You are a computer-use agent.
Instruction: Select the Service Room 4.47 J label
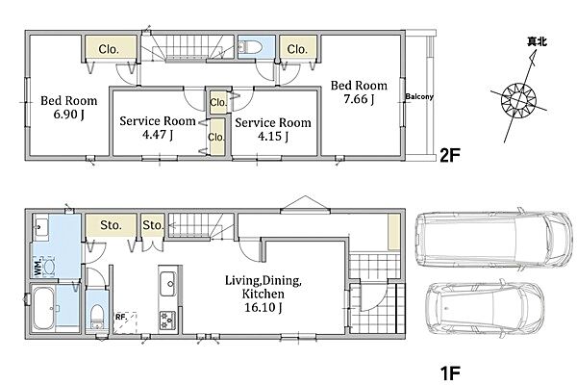pos(158,127)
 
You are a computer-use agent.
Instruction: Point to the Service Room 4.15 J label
pos(273,129)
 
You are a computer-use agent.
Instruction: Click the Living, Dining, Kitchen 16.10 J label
pos(263,294)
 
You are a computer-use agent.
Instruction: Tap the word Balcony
pos(419,96)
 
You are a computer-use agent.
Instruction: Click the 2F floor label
pos(450,156)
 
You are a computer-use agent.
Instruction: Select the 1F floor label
pos(450,372)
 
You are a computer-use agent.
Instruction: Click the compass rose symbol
pos(519,100)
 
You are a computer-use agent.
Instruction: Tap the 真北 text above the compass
pos(537,42)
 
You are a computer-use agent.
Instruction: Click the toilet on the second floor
pos(251,47)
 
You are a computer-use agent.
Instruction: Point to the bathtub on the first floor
pos(44,308)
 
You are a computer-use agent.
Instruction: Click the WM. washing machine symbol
pos(45,266)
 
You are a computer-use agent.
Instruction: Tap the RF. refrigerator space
pos(125,322)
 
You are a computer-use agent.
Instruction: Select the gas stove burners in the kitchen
pos(167,321)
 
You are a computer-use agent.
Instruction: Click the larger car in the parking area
pos(494,240)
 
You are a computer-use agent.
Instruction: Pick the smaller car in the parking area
pos(485,308)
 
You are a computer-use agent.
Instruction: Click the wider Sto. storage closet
pos(112,225)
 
